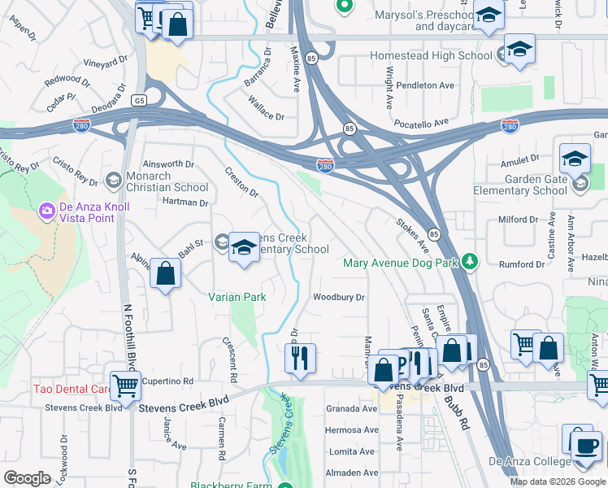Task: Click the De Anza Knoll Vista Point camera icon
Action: (x=46, y=211)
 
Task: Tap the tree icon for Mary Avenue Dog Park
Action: (x=469, y=262)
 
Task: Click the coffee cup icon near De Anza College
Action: (x=585, y=445)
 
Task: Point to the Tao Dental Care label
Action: (x=69, y=389)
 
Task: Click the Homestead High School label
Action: (x=431, y=55)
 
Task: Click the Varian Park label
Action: (x=237, y=298)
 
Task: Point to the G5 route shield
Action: (x=140, y=100)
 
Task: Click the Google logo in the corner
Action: (x=27, y=478)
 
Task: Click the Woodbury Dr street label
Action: (x=339, y=298)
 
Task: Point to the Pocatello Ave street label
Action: (x=422, y=122)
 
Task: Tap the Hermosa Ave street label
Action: (x=352, y=429)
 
